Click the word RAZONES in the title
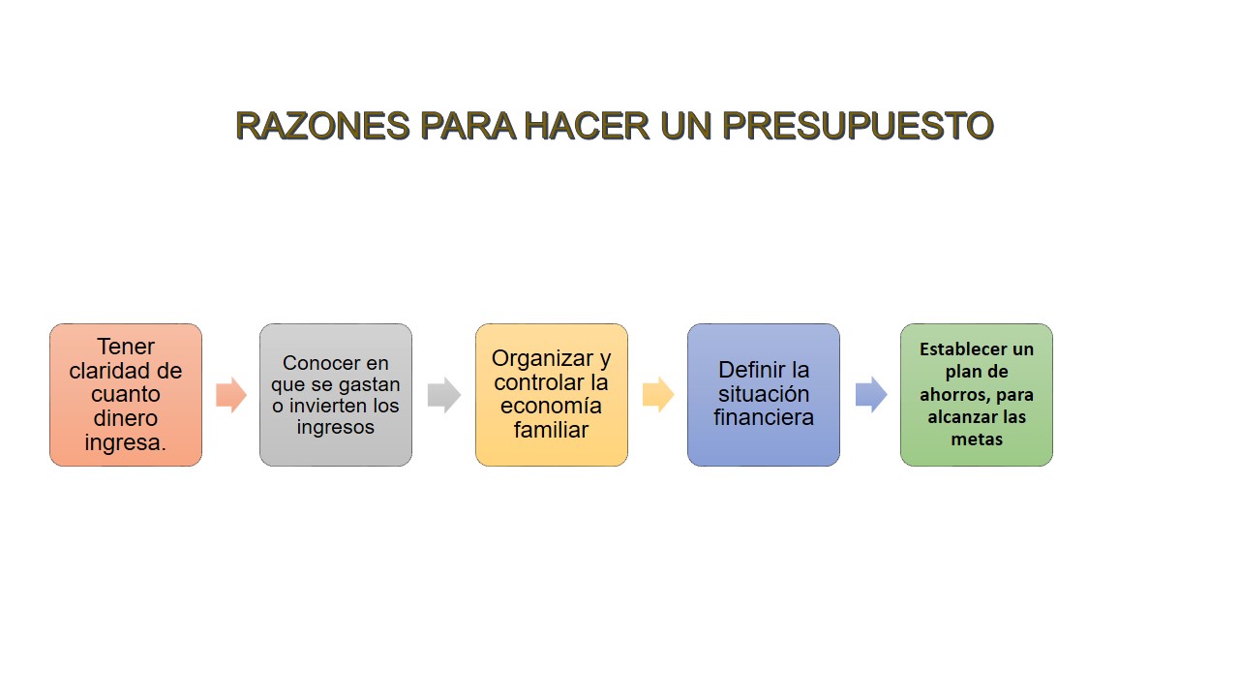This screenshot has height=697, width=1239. pos(323,126)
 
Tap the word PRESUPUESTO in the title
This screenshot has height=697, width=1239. pos(858,126)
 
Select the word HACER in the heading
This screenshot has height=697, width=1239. pos(587,126)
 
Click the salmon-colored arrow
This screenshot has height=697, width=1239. pos(231,395)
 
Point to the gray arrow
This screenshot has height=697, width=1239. pos(444,395)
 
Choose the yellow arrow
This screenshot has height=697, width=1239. pos(658,395)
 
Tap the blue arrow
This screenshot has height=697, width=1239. pos(871,394)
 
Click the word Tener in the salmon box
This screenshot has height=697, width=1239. pos(126,347)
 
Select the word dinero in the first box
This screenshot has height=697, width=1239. pos(126,418)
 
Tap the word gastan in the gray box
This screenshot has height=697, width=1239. pos(370,385)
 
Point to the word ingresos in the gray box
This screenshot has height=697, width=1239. pos(336,427)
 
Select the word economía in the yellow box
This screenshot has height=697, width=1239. pos(551,406)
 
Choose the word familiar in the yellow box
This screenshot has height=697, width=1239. pos(551,430)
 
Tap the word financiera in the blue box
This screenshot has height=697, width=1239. pos(764,417)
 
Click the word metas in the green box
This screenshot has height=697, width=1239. pos(977,439)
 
